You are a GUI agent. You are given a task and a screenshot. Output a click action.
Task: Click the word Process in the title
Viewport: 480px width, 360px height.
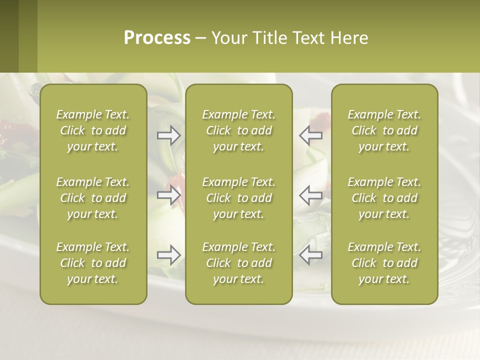157,38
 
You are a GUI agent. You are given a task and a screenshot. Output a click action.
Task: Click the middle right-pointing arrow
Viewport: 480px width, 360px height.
169,194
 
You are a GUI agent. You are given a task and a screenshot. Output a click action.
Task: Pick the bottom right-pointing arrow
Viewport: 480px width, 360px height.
169,255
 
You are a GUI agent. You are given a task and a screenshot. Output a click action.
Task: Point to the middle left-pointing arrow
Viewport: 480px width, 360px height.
310,194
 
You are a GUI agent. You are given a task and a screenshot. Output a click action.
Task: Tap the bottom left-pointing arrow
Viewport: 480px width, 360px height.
310,255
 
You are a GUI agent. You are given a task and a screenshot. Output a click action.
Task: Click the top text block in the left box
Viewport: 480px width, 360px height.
93,130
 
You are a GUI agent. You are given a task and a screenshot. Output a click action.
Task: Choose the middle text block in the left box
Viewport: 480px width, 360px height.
93,198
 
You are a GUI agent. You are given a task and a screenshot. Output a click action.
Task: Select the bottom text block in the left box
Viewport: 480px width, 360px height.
93,263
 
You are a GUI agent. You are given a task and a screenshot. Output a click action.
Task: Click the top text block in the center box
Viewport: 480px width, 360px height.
238,130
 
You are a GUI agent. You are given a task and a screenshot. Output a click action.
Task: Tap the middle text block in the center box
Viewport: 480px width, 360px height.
238,198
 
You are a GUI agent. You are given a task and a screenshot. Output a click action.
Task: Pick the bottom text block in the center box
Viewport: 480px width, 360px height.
238,263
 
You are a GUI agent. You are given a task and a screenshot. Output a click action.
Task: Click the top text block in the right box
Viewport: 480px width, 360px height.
384,130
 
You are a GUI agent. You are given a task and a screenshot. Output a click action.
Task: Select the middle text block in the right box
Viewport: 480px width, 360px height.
384,198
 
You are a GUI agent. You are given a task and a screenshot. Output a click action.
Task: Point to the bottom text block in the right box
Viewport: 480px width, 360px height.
384,263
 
